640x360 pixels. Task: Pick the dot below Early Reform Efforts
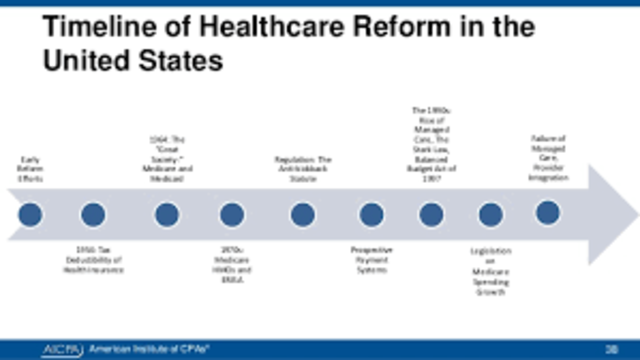(30, 214)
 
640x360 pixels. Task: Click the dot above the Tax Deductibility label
(94, 214)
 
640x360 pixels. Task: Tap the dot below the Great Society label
(167, 214)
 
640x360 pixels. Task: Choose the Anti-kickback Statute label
(303, 168)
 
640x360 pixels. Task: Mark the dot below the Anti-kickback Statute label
(303, 214)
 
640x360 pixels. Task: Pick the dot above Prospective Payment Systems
(371, 214)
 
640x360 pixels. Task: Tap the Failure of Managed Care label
(548, 158)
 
